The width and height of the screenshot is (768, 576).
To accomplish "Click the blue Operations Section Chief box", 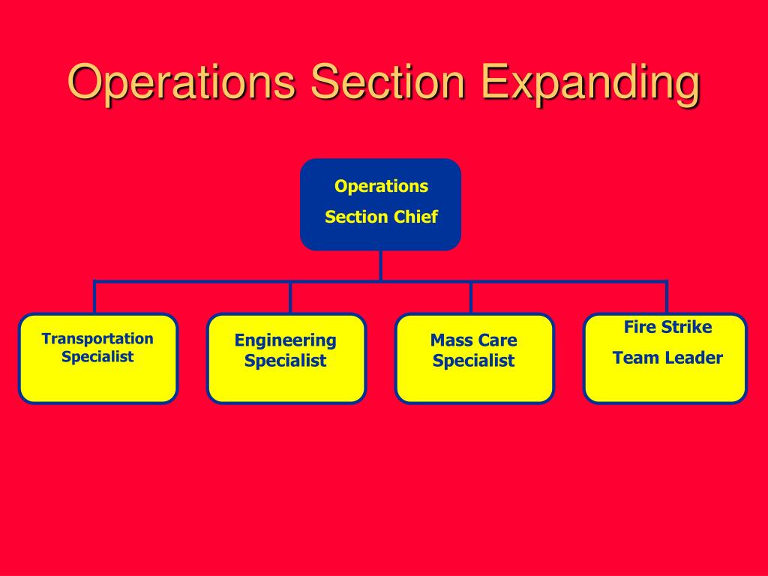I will [x=380, y=204].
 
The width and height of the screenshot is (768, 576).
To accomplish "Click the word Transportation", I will [x=97, y=339].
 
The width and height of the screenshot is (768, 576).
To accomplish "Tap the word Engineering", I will [x=286, y=340].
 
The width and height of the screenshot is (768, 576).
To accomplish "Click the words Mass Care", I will [x=474, y=340].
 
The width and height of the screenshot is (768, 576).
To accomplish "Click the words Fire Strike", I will [x=667, y=328].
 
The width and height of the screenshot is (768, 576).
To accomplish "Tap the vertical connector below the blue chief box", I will [x=381, y=265].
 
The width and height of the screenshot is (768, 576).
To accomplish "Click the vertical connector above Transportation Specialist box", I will [x=94, y=297].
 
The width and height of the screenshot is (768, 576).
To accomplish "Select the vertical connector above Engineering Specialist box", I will [x=290, y=297].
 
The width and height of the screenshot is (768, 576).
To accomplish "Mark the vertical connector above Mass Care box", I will [x=471, y=297].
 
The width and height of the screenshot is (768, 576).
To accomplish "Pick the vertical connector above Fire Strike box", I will [x=666, y=297].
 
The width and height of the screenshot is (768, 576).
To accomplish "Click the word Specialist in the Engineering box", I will [x=286, y=361].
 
